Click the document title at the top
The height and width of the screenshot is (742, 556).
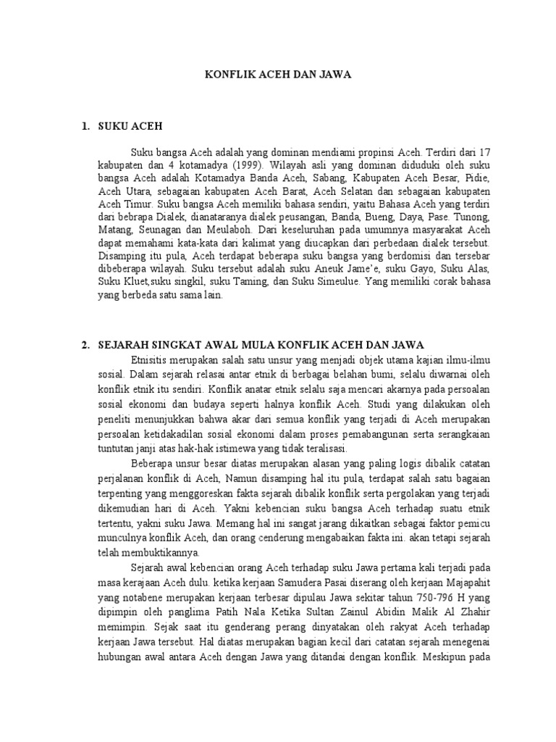[x=278, y=75]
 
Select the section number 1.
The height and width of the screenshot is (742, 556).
[x=85, y=127]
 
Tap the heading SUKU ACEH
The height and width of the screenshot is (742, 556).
[x=131, y=127]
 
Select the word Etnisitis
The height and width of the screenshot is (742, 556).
[x=151, y=359]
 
